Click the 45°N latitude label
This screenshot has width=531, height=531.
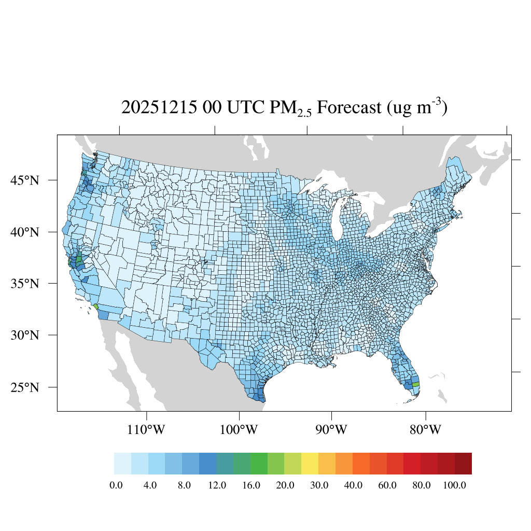click(x=25, y=180)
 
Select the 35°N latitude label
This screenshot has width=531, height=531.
click(x=25, y=284)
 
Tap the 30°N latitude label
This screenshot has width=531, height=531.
click(x=25, y=335)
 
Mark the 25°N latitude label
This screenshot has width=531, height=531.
click(x=25, y=387)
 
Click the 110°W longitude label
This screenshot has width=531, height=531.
click(x=148, y=430)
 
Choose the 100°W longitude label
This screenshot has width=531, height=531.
click(x=240, y=430)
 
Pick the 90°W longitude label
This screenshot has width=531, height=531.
click(x=331, y=430)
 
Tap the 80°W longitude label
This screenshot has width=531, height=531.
click(x=426, y=430)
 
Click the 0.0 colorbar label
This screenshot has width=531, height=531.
click(x=116, y=485)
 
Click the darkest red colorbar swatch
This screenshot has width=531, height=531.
click(x=463, y=463)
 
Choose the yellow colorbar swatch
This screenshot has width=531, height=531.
click(x=310, y=463)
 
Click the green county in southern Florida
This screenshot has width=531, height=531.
click(x=416, y=384)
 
